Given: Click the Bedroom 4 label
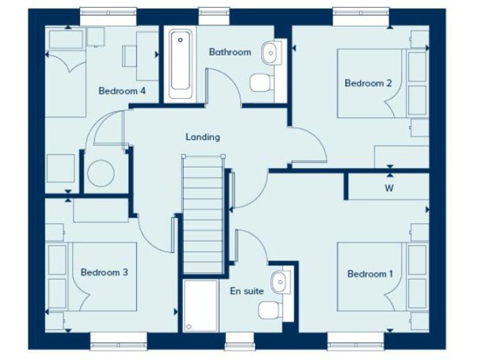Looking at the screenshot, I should (122, 91).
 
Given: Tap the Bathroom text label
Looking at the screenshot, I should (230, 52).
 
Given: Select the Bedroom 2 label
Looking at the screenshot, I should (368, 83).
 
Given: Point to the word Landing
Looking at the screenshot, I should (202, 137).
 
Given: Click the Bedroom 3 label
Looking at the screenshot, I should (104, 272).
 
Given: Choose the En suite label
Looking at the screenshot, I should (247, 291).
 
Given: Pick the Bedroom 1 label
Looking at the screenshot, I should (371, 274).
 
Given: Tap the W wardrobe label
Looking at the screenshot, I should (389, 187).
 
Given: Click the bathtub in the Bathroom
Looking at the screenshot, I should (180, 62).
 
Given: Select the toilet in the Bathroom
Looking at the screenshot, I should (260, 82).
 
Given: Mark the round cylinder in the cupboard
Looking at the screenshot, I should (102, 173).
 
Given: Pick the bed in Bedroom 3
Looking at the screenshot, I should (104, 276).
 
